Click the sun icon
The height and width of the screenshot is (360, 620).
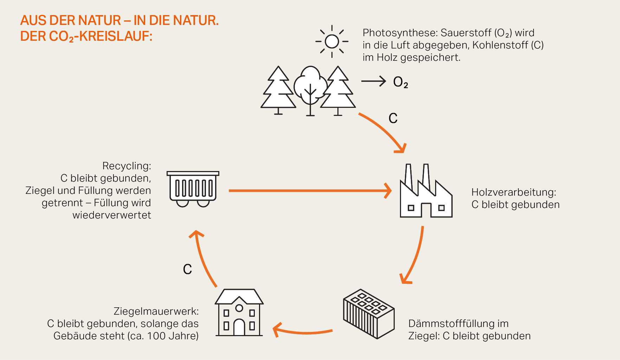click(x=332, y=41)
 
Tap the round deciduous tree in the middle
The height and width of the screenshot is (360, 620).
click(x=310, y=86)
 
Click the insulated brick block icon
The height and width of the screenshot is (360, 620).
click(x=369, y=314)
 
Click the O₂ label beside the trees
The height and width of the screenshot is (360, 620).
click(x=400, y=82)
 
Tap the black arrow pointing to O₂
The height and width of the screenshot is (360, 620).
click(x=374, y=81)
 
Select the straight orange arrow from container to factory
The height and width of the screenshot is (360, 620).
click(x=309, y=191)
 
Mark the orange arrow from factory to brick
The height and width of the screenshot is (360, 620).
click(x=415, y=256)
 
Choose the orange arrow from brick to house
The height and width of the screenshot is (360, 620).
click(x=302, y=331)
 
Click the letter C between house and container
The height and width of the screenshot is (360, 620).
click(x=187, y=269)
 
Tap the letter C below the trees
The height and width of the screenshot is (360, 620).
click(x=393, y=118)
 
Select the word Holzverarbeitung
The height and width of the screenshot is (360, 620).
click(x=514, y=192)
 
